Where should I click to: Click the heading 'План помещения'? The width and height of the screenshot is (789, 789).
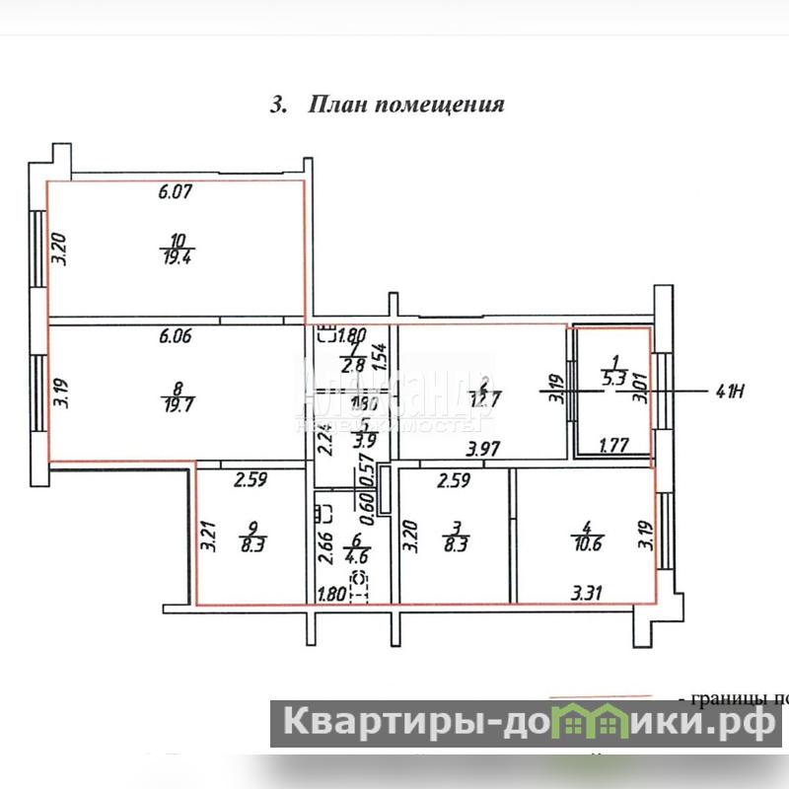387,105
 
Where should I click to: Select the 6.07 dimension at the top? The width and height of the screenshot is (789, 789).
175,193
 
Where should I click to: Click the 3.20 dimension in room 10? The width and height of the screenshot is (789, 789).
59,245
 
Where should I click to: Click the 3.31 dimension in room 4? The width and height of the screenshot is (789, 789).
590,594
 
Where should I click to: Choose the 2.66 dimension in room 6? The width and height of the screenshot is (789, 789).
323,547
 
